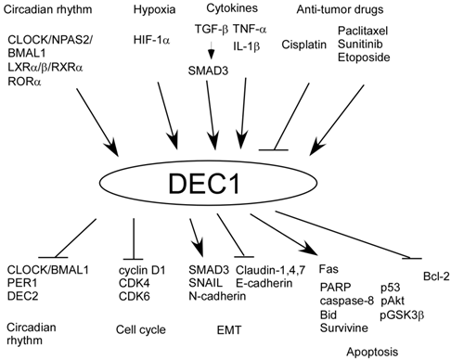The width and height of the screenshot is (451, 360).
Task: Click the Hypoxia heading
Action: tap(153, 11)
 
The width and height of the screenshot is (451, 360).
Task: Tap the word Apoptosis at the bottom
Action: tap(373, 351)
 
